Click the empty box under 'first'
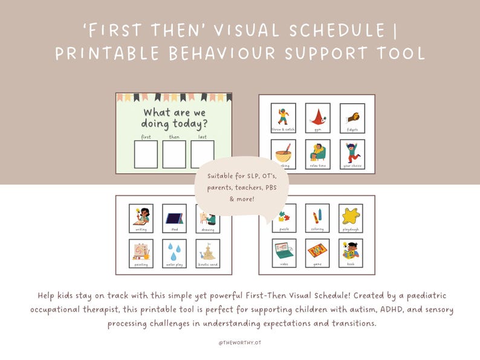pyautogui.click(x=146, y=154)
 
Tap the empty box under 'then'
pyautogui.click(x=174, y=154)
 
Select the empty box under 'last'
pyautogui.click(x=203, y=154)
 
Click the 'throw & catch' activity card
pyautogui.click(x=283, y=118)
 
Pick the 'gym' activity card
pyautogui.click(x=317, y=118)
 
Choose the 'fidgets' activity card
pyautogui.click(x=352, y=118)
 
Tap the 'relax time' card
pyautogui.click(x=317, y=154)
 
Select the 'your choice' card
pyautogui.click(x=352, y=154)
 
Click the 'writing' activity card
pyautogui.click(x=141, y=218)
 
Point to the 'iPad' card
pyautogui.click(x=174, y=218)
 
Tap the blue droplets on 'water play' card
pyautogui.click(x=174, y=249)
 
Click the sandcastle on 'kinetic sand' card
pyautogui.click(x=208, y=249)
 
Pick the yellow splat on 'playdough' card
pyautogui.click(x=351, y=215)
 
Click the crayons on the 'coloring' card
pyautogui.click(x=317, y=215)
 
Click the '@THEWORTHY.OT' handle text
pyautogui.click(x=240, y=342)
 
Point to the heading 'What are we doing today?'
pyautogui.click(x=174, y=118)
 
